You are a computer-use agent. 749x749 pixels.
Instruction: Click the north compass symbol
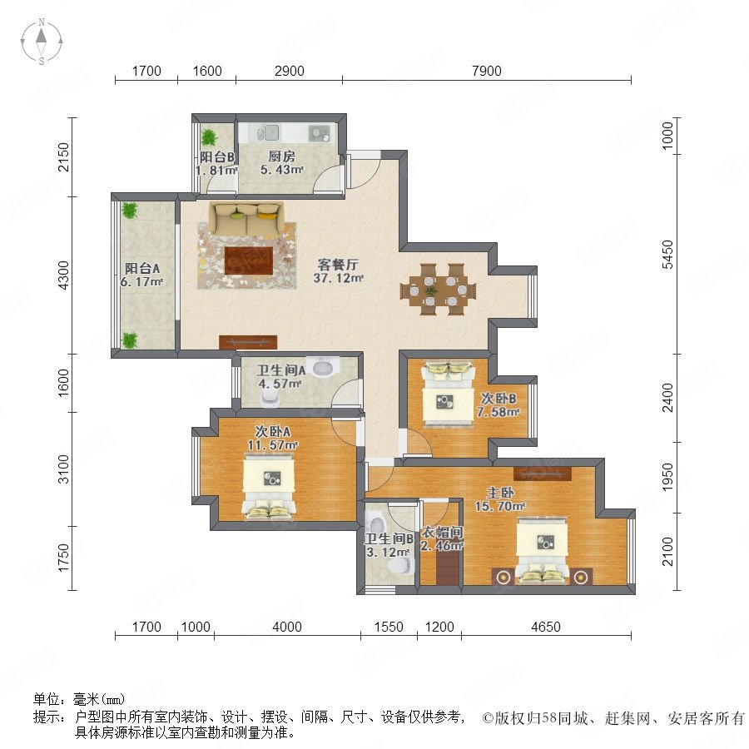tap(42, 42)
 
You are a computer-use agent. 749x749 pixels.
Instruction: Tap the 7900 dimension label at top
tap(486, 72)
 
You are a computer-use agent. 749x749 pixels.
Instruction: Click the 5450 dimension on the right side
tap(667, 255)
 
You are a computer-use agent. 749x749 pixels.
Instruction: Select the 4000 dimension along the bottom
tap(286, 627)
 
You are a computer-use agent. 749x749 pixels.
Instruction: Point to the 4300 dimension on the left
tap(63, 275)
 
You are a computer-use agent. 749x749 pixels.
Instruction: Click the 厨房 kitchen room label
tap(281, 156)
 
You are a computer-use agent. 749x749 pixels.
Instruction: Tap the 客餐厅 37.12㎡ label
tap(338, 270)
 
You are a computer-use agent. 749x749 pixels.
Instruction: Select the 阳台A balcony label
tap(142, 269)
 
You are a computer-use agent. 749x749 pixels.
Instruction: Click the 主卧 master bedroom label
tap(500, 493)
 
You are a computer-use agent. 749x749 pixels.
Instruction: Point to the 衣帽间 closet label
tap(441, 532)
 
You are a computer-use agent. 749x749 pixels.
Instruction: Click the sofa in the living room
tap(246, 219)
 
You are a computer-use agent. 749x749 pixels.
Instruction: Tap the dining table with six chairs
tap(438, 290)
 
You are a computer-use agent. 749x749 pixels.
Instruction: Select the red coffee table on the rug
tap(249, 260)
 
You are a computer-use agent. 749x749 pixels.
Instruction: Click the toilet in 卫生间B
tap(401, 566)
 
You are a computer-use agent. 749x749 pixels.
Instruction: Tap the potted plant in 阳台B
tap(209, 137)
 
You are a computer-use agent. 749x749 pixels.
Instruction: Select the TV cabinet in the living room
tap(248, 342)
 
